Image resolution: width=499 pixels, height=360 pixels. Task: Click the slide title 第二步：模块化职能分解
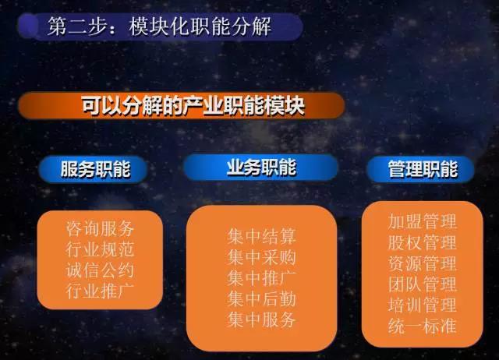159,26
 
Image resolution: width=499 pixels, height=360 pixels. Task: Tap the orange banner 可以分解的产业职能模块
182,105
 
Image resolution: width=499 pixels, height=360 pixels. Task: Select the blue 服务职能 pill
93,169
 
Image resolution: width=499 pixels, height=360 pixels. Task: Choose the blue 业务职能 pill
260,168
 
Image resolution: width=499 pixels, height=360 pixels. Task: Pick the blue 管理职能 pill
421,169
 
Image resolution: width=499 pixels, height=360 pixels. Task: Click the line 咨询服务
100,228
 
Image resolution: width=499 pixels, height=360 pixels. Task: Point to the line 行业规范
100,249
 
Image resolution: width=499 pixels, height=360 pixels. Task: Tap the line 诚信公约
100,270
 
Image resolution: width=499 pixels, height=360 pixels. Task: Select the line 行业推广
100,291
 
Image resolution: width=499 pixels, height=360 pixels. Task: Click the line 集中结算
262,236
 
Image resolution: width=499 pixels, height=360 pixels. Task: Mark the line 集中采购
262,257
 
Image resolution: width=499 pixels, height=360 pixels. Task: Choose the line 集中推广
262,278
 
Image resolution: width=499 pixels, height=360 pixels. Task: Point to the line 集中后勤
262,298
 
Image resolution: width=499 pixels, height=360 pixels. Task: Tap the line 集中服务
262,319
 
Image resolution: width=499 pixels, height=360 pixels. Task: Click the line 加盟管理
423,221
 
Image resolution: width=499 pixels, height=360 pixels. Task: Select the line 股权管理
423,242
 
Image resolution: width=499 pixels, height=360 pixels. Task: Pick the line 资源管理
423,263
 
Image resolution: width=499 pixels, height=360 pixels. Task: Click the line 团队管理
423,284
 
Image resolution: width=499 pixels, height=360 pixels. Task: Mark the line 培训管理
423,305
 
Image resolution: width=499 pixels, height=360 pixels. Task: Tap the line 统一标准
423,326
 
